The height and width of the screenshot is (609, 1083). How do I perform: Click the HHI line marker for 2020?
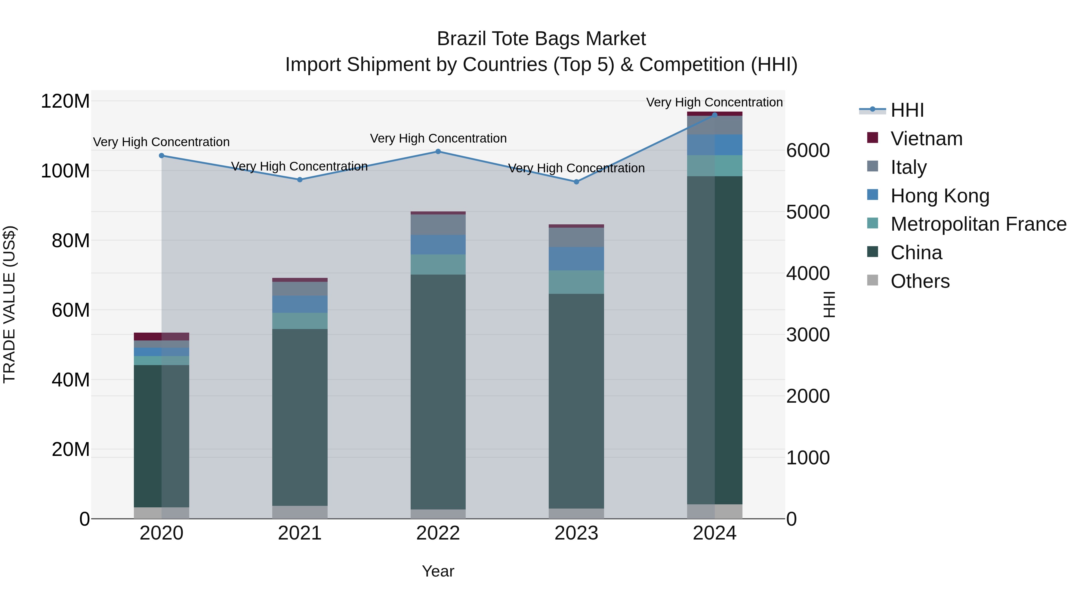tap(162, 155)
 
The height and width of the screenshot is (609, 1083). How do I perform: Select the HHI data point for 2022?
tap(438, 151)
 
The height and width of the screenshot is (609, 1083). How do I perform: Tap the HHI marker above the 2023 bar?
tap(576, 182)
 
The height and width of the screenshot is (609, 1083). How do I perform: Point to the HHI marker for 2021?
tap(300, 180)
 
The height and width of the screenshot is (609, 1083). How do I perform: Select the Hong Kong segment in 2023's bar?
tap(576, 258)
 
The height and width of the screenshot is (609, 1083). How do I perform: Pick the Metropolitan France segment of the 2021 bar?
tap(300, 321)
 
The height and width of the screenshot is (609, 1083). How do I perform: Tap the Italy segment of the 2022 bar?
tap(438, 224)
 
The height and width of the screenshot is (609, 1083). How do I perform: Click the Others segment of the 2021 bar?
tap(300, 512)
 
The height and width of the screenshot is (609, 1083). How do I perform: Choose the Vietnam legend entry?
tap(926, 139)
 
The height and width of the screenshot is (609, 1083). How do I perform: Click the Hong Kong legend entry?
tap(940, 196)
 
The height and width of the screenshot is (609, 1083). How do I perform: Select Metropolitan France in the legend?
tap(978, 224)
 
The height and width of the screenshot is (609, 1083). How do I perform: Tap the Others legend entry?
tap(920, 281)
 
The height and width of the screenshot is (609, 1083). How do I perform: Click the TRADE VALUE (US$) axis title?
tap(9, 304)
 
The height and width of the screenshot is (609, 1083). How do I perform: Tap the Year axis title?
tap(438, 571)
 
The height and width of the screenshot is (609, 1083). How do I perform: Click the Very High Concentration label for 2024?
tap(714, 102)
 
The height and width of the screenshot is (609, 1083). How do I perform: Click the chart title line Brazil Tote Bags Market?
tap(541, 39)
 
